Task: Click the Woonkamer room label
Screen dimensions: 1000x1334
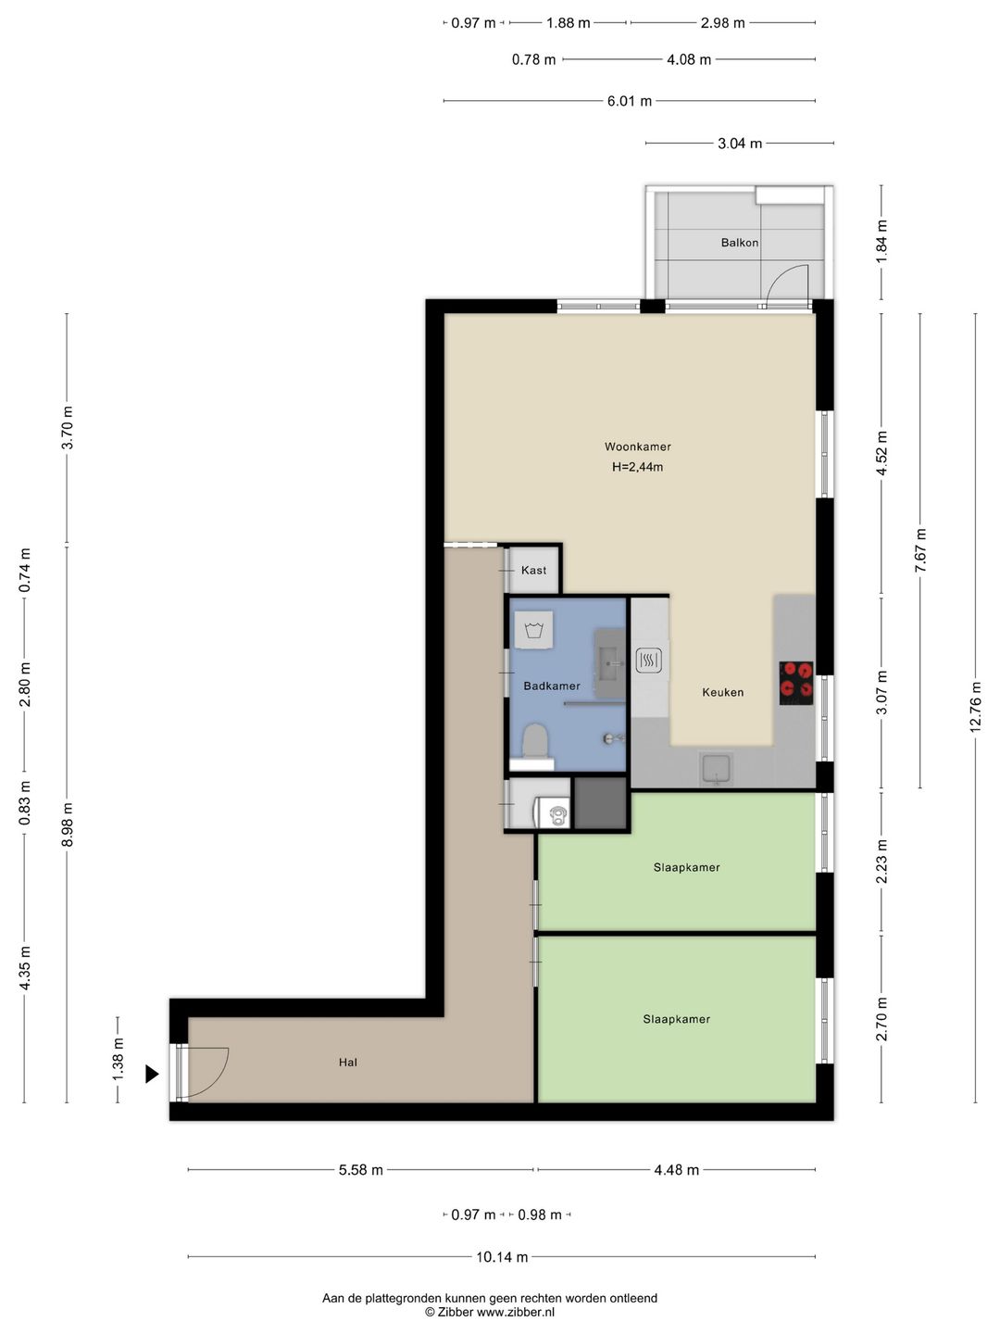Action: (x=638, y=447)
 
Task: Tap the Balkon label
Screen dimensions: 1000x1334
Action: (x=740, y=243)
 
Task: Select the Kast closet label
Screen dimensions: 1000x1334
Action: (x=533, y=570)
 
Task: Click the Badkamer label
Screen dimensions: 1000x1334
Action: (x=552, y=686)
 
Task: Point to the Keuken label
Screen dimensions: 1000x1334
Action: (x=722, y=692)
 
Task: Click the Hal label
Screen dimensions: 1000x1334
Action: (x=348, y=1063)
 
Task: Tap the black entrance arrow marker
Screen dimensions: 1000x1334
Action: (x=152, y=1074)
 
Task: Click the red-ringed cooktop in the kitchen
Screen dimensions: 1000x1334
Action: (x=796, y=683)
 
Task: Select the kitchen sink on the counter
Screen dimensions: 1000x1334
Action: (x=717, y=770)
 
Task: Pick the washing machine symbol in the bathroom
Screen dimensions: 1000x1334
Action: (x=533, y=630)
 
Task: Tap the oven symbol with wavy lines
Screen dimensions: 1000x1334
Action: (x=648, y=660)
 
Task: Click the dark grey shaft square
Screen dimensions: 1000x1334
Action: (x=600, y=803)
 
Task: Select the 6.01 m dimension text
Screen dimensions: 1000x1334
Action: (x=630, y=101)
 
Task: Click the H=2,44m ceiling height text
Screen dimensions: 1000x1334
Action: (x=638, y=467)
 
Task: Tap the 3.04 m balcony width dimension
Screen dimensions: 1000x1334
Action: (x=740, y=144)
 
